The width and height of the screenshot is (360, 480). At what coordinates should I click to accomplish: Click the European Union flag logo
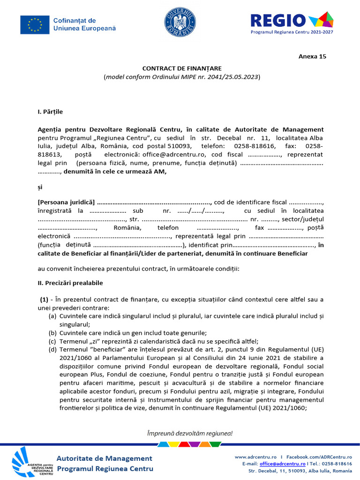[35, 24]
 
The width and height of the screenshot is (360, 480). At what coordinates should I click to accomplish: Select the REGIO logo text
[278, 20]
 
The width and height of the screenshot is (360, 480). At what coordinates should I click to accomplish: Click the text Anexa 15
[312, 56]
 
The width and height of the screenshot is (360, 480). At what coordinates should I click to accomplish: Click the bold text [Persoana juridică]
[66, 202]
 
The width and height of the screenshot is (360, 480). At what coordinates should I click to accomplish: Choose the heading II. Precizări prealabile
[70, 283]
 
